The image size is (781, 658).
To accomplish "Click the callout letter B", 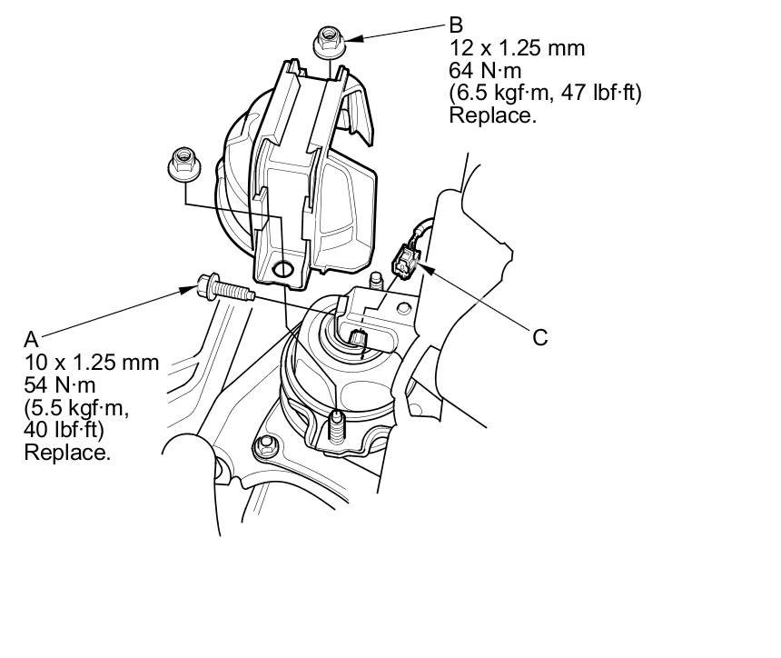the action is click(456, 25).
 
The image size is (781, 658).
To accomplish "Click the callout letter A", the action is click(32, 340).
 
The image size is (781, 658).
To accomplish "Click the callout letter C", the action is click(540, 337).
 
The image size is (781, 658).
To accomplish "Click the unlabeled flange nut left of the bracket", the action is click(184, 164).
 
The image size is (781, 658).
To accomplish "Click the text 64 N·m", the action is click(485, 71).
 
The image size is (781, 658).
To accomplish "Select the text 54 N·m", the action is click(60, 384).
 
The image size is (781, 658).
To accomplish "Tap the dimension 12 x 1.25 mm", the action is click(517, 48).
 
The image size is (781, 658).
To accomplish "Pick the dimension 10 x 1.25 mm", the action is click(92, 363).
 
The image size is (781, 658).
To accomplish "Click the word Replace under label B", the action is click(493, 115).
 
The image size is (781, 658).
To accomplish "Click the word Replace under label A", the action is click(67, 453).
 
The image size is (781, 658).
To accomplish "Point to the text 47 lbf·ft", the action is click(601, 94).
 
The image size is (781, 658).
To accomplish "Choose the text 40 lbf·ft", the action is click(64, 430).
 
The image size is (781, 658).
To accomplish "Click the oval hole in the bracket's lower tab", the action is click(282, 269).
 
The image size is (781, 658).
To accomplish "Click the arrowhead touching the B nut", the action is click(353, 38).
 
